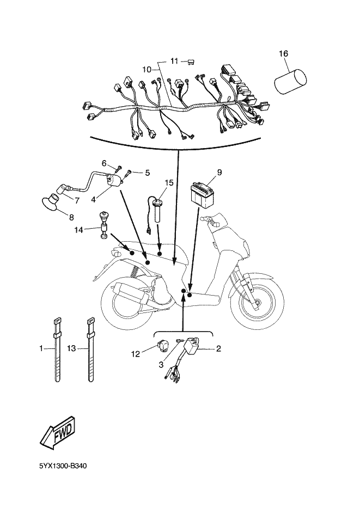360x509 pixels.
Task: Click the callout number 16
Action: point(284,53)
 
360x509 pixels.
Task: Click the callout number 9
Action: point(219,173)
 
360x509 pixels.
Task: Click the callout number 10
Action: point(146,69)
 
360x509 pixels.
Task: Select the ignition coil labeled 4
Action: point(114,179)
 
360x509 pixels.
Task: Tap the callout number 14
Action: point(79,230)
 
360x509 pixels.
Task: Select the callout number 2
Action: point(218,348)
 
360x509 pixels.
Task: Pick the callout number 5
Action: point(147,173)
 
